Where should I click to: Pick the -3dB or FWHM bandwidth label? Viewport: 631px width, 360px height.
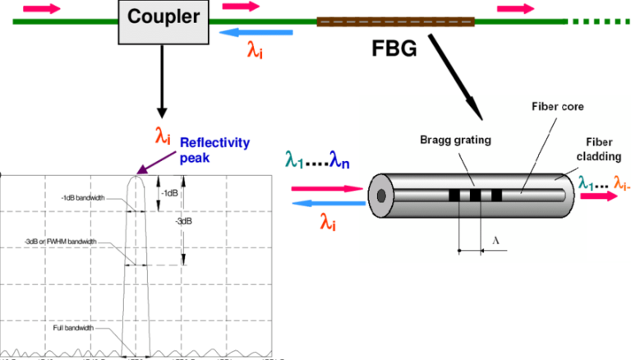click(x=61, y=242)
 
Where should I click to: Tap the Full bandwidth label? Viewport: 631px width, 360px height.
click(x=70, y=328)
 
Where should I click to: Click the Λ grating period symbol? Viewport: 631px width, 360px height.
click(x=495, y=239)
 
